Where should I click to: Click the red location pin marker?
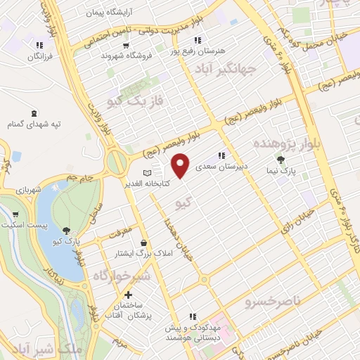pos(181,165)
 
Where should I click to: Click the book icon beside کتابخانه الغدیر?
pos(146,173)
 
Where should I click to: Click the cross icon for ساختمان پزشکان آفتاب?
pos(127,295)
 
